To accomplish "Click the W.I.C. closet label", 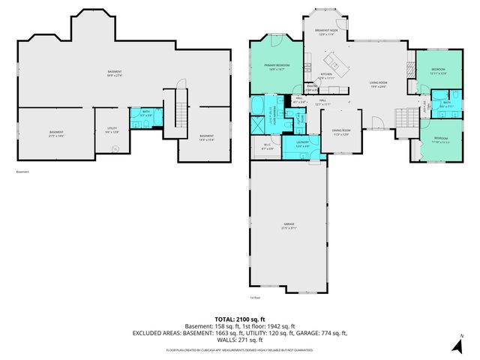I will coord(267,145).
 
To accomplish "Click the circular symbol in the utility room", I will coord(115,149).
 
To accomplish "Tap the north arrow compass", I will coord(457,344).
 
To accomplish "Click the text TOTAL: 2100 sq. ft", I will coord(239,319).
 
